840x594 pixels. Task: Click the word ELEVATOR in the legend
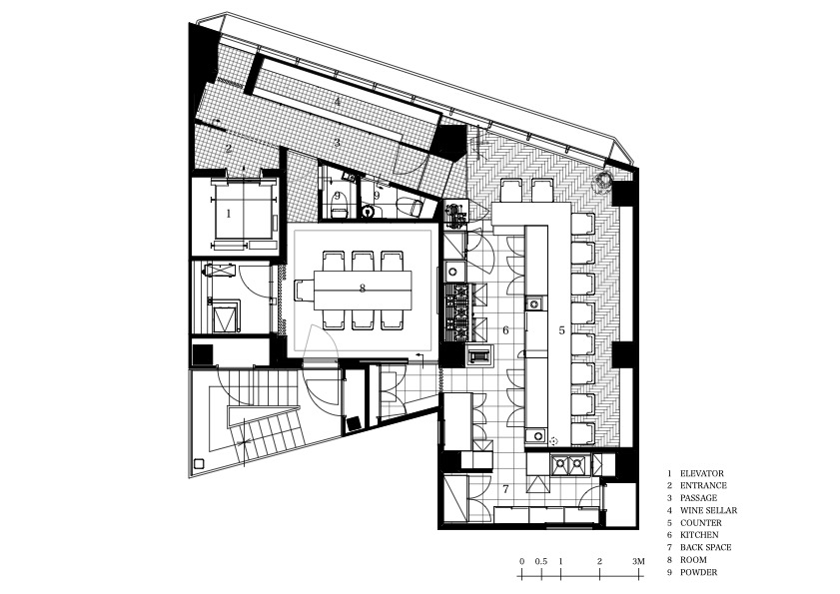pyautogui.click(x=702, y=473)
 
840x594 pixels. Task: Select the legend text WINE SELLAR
pyautogui.click(x=708, y=510)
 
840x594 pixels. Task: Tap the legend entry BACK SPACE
pyautogui.click(x=705, y=547)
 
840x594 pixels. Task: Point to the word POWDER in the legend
pyautogui.click(x=698, y=572)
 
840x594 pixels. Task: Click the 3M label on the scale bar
pyautogui.click(x=638, y=561)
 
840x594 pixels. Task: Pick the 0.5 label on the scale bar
pyautogui.click(x=541, y=561)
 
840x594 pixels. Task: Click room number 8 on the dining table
pyautogui.click(x=363, y=289)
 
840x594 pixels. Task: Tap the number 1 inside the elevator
pyautogui.click(x=229, y=214)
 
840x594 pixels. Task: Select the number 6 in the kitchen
pyautogui.click(x=505, y=329)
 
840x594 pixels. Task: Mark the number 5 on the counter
pyautogui.click(x=562, y=330)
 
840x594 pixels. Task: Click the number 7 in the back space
pyautogui.click(x=505, y=488)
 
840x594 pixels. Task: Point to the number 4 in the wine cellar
pyautogui.click(x=337, y=102)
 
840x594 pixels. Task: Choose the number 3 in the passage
pyautogui.click(x=337, y=143)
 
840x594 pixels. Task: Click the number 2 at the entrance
pyautogui.click(x=229, y=149)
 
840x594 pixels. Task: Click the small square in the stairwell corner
pyautogui.click(x=199, y=464)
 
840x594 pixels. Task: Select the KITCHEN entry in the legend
pyautogui.click(x=699, y=535)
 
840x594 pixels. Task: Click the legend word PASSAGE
pyautogui.click(x=698, y=498)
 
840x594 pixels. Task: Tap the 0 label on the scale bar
pyautogui.click(x=521, y=561)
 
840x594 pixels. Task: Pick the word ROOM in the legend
pyautogui.click(x=693, y=560)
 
